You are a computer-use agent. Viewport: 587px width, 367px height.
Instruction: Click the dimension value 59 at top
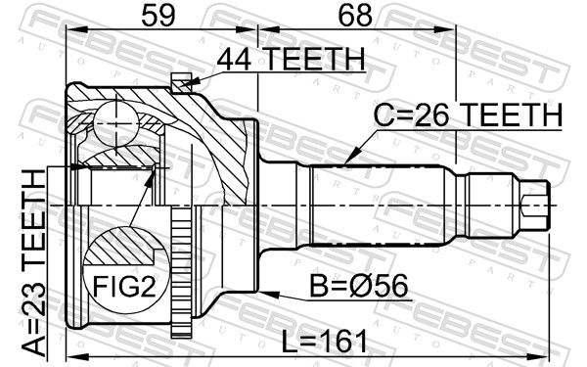(158, 16)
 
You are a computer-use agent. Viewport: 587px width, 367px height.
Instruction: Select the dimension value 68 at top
(355, 16)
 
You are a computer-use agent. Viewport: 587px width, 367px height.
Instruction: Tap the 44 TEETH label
(291, 59)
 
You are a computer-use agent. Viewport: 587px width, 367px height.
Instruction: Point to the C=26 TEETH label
(468, 115)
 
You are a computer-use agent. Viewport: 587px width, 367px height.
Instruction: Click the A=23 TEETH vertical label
(33, 262)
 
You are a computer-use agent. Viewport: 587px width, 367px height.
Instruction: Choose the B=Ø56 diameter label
(359, 286)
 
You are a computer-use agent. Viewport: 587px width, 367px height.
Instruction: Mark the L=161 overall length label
(324, 342)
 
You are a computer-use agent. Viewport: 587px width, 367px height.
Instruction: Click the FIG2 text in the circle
(124, 286)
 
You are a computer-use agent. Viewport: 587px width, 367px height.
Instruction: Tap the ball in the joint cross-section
(116, 123)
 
